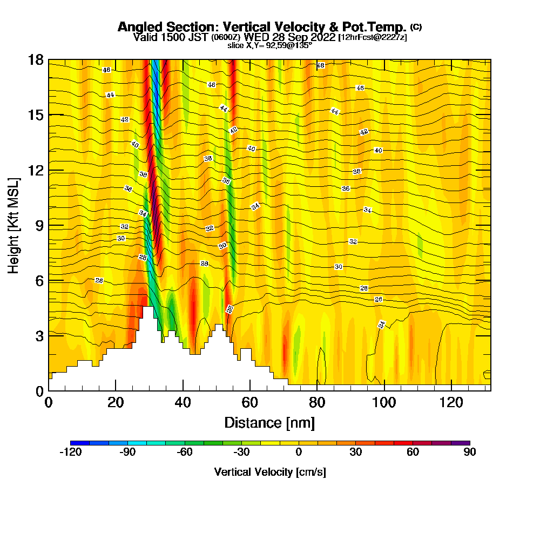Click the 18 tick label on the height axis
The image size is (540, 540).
pos(36,59)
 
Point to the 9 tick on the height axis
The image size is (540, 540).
pos(49,225)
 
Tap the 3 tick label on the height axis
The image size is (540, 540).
pos(39,335)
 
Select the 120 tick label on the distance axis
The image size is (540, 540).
pos(451,402)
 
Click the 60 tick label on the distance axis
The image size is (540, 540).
pos(250,402)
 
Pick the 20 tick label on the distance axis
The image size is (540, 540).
pos(116,402)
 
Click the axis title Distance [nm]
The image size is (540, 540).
pos(269,422)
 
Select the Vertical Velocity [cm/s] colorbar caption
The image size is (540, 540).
pos(270,472)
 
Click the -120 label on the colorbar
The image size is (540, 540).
pos(70,453)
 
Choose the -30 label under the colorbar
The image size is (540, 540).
pos(241,453)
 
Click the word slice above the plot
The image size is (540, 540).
pos(236,45)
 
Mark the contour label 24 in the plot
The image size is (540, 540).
pos(382,325)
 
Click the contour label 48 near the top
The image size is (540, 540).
pos(320,65)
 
